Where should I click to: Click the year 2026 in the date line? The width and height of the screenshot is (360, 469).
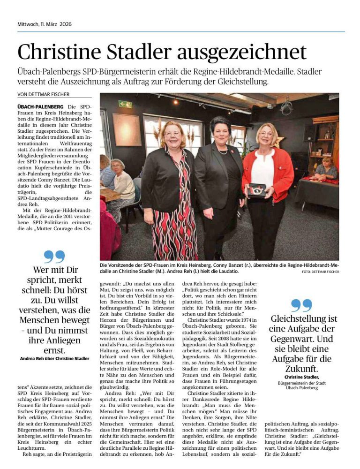(x=64, y=24)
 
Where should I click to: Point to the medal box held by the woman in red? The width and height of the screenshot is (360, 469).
(x=257, y=189)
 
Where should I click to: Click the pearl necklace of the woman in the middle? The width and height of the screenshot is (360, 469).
(x=222, y=151)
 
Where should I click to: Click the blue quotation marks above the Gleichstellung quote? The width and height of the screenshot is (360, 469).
(x=301, y=305)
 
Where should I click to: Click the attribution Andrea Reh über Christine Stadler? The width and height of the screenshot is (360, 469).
(x=54, y=358)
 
